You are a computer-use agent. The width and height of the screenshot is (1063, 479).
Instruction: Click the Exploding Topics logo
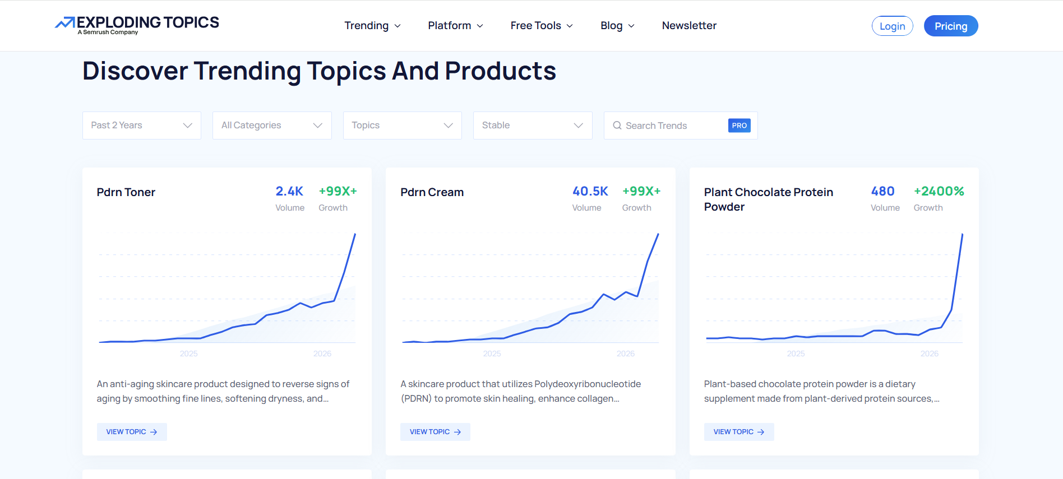(x=137, y=25)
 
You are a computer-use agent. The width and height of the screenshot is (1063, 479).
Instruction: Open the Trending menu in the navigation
(x=372, y=26)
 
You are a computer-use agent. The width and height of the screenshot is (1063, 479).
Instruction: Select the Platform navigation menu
(x=455, y=26)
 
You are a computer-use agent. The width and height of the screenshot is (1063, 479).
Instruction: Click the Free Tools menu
(x=542, y=26)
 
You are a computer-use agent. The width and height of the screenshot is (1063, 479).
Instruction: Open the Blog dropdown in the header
(x=617, y=26)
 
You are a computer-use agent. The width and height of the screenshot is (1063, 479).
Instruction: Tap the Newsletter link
(x=689, y=26)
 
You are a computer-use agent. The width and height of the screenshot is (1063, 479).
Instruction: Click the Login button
(x=892, y=26)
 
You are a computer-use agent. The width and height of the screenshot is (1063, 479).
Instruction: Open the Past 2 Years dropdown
(x=142, y=125)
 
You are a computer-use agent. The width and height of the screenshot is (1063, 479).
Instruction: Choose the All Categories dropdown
(x=272, y=125)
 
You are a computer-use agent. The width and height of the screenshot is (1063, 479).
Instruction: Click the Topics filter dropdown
(x=403, y=125)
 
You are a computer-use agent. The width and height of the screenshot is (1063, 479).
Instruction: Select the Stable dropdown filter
(x=533, y=125)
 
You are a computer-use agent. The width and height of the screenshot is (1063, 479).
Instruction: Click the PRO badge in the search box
(x=739, y=125)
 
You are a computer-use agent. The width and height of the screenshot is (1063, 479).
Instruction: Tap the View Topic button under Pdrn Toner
(x=132, y=432)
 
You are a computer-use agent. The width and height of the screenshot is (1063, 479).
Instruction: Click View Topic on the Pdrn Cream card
(x=435, y=432)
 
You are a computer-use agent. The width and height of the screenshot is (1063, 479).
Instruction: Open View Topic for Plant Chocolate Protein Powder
(x=739, y=432)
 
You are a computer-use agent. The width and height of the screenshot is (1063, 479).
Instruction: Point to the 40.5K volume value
(x=590, y=192)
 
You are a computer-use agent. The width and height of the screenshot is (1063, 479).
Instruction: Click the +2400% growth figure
(x=939, y=192)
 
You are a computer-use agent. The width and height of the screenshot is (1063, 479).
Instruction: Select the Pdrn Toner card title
(x=126, y=192)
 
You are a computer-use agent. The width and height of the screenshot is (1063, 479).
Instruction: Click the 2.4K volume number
(x=289, y=192)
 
